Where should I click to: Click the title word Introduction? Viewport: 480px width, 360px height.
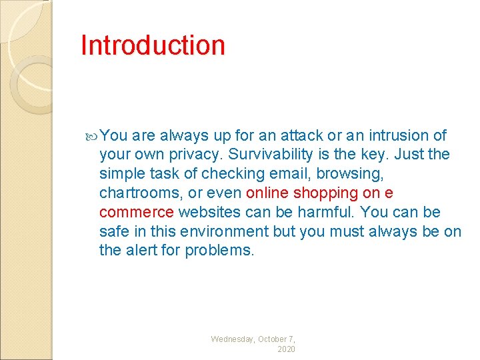click(153, 45)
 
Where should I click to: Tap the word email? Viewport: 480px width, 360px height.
click(285, 174)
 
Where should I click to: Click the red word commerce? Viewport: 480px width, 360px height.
click(137, 213)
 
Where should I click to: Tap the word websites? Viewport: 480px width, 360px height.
click(208, 213)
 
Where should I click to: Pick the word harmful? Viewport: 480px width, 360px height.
click(317, 213)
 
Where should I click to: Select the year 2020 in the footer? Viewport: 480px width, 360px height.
click(286, 349)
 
